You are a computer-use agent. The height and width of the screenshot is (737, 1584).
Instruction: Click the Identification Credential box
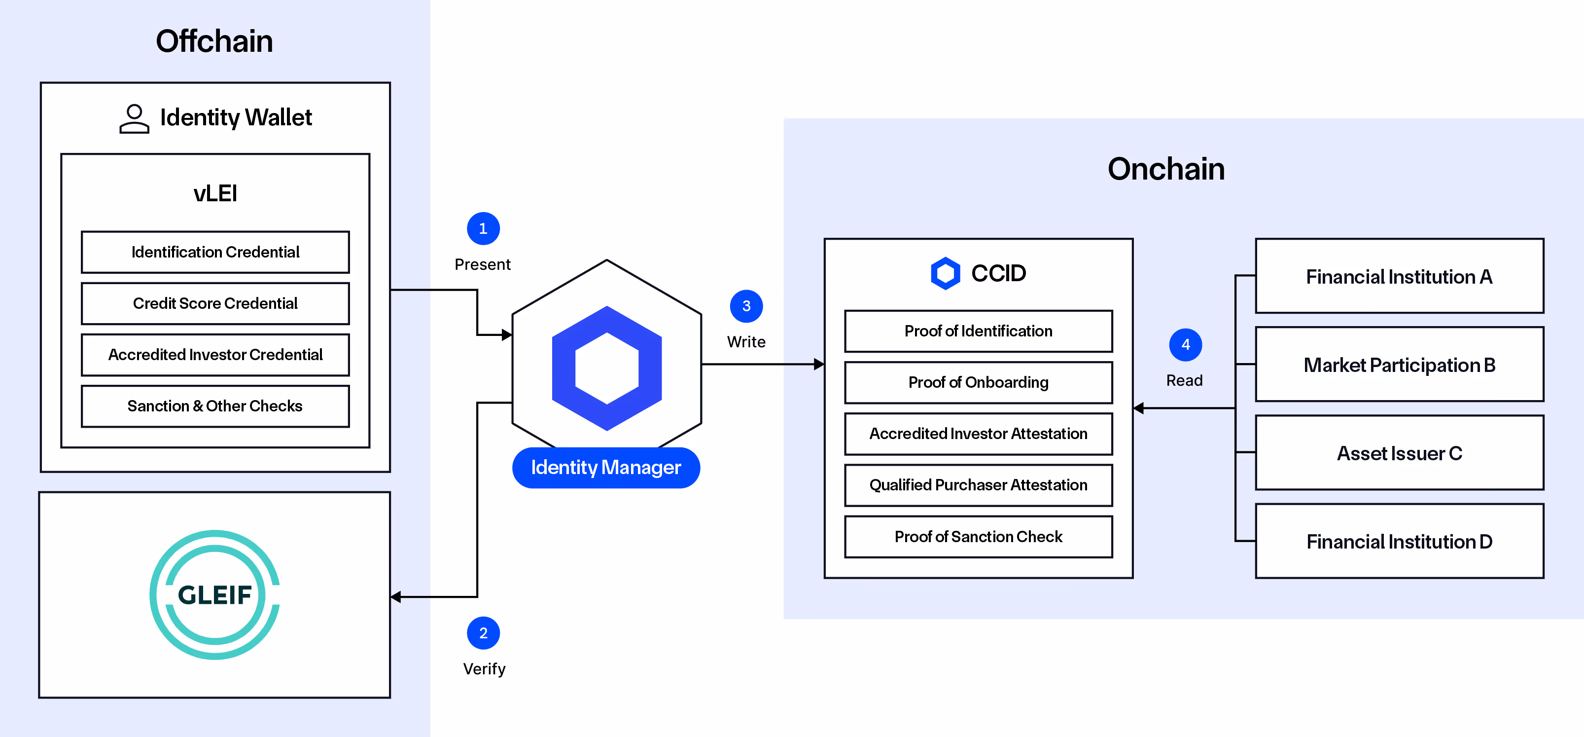215,252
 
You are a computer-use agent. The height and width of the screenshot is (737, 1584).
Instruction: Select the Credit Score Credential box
215,303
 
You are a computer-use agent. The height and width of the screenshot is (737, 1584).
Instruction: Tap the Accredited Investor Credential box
215,355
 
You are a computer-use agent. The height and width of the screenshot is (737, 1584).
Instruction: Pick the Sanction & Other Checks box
215,406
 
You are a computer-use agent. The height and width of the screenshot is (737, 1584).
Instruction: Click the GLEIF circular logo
214,595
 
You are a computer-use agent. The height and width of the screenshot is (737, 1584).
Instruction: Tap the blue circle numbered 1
483,229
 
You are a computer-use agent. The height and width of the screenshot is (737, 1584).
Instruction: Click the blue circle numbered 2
483,633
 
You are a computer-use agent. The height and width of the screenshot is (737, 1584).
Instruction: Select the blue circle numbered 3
746,306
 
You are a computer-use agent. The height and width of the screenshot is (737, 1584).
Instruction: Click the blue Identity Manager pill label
606,468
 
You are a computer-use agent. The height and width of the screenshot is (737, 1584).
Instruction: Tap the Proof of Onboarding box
978,383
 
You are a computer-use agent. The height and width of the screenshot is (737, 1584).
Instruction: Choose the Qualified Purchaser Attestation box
978,485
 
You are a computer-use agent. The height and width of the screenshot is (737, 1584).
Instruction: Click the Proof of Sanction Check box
978,537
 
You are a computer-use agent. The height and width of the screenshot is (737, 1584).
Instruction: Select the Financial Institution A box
1399,277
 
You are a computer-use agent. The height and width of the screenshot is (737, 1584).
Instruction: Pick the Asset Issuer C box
1399,453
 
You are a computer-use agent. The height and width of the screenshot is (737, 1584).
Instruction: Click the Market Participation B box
1399,366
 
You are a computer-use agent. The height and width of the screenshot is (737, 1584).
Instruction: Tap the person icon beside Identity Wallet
134,119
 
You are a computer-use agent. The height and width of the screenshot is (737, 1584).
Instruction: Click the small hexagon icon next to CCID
945,273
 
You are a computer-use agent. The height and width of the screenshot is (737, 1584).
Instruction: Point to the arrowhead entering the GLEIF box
396,597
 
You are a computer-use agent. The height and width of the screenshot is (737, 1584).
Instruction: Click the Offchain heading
214,41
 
